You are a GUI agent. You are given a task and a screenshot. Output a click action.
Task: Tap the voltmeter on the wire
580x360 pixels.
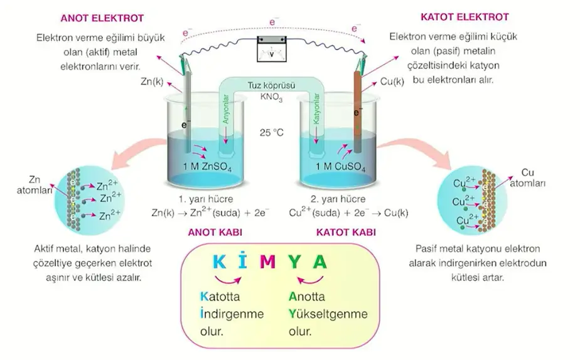pyautogui.click(x=272, y=48)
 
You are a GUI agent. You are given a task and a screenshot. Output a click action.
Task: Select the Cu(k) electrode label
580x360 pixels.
pyautogui.click(x=392, y=82)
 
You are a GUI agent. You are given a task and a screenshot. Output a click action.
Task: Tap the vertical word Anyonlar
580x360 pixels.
pyautogui.click(x=227, y=110)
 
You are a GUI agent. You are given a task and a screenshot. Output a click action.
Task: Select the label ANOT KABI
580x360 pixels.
pyautogui.click(x=215, y=232)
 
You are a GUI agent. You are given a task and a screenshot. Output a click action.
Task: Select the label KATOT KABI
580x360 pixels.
pyautogui.click(x=346, y=232)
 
